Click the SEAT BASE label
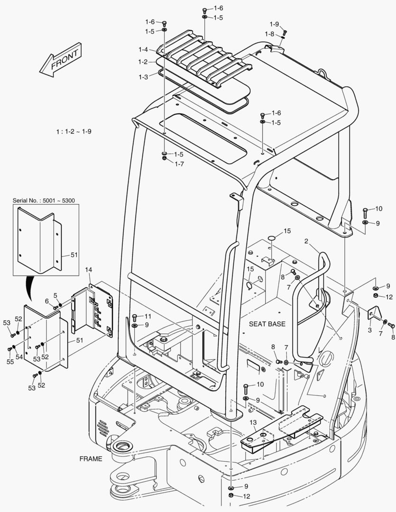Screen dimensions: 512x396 (x=267, y=324)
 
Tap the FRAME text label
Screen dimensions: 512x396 (x=91, y=459)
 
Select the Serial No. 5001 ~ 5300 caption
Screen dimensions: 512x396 (x=45, y=201)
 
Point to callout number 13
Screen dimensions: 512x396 (x=253, y=422)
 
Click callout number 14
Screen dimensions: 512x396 (x=88, y=270)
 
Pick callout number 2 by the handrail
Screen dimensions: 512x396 (x=306, y=241)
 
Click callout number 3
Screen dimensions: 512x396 (x=370, y=330)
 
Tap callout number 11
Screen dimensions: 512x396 (x=148, y=316)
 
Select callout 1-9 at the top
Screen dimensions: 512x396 (x=274, y=24)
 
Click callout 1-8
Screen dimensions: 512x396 (x=269, y=34)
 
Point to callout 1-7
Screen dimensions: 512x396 (x=179, y=164)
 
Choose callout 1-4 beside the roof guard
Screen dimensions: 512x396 (x=143, y=49)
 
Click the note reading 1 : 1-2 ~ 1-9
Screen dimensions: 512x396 (x=73, y=131)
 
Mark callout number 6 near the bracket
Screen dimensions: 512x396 (x=47, y=301)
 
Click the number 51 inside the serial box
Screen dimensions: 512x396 (x=74, y=255)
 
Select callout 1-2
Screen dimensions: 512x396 (x=143, y=62)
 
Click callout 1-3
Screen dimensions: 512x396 (x=143, y=76)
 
